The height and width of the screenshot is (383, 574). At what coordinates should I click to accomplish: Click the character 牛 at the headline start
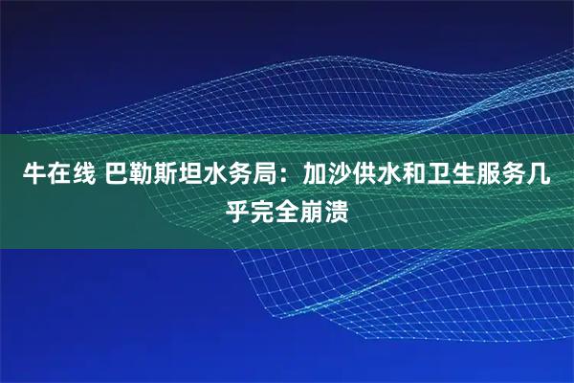coord(34,176)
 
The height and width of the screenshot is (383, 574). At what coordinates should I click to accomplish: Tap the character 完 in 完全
coord(262,209)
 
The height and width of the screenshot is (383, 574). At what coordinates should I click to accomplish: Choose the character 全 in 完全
coord(287,209)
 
